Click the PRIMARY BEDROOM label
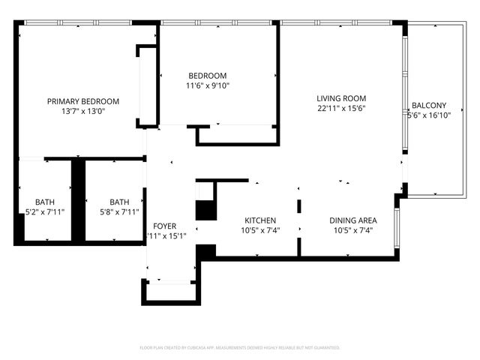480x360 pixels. [83, 101]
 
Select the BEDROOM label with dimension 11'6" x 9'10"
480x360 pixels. [208, 76]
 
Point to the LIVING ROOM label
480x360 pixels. [340, 98]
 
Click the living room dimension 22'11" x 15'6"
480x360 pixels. [340, 108]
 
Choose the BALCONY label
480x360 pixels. [429, 106]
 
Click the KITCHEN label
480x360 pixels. [260, 220]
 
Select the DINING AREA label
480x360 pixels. [353, 220]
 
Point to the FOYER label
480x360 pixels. [164, 226]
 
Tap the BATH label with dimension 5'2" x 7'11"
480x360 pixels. [44, 202]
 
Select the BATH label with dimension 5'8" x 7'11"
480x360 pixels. [119, 202]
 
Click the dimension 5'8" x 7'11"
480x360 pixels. [119, 211]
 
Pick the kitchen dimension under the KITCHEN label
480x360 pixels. [260, 230]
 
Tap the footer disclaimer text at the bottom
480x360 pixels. [240, 348]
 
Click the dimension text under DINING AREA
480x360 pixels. [353, 230]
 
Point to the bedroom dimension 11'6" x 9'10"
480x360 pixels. [208, 85]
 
